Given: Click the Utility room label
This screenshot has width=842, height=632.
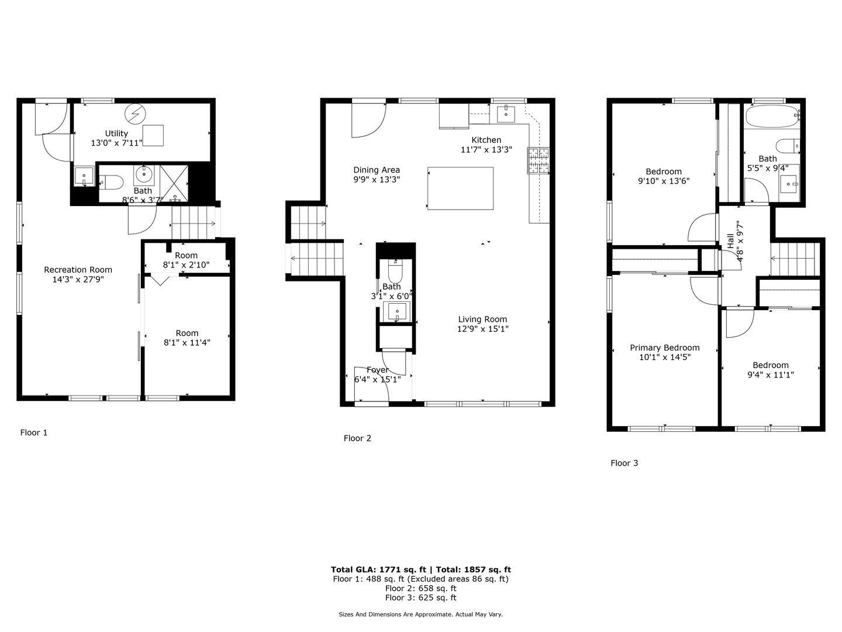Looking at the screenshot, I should [116, 133].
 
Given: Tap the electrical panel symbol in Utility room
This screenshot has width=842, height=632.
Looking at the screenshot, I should [136, 113].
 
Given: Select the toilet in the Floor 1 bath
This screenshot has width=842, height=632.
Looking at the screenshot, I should [111, 183].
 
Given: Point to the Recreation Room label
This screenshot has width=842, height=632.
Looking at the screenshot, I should [78, 270].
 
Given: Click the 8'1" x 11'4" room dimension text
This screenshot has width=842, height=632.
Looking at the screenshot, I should [187, 343].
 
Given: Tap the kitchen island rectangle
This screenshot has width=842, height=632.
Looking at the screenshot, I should [460, 188].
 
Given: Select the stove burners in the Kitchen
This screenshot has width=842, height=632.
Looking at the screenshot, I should [539, 160].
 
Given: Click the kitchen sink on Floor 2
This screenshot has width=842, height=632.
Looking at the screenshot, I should [506, 114].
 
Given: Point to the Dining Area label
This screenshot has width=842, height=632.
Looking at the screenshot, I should [377, 170].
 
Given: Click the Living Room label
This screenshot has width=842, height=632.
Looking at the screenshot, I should [482, 320].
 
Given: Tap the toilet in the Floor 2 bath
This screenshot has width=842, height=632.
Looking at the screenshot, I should [396, 272].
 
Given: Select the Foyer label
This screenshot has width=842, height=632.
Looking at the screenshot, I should [378, 370].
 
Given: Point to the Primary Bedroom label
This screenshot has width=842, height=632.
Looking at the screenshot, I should [665, 348].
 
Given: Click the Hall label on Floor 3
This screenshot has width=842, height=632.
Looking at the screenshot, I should [730, 241].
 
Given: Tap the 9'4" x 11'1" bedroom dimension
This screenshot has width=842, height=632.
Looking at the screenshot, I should [771, 375].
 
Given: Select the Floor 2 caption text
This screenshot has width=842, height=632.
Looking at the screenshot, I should [357, 438].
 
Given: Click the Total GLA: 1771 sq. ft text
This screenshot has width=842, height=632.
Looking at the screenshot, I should [379, 569].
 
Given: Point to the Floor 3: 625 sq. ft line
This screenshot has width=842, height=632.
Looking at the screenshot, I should [420, 597].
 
